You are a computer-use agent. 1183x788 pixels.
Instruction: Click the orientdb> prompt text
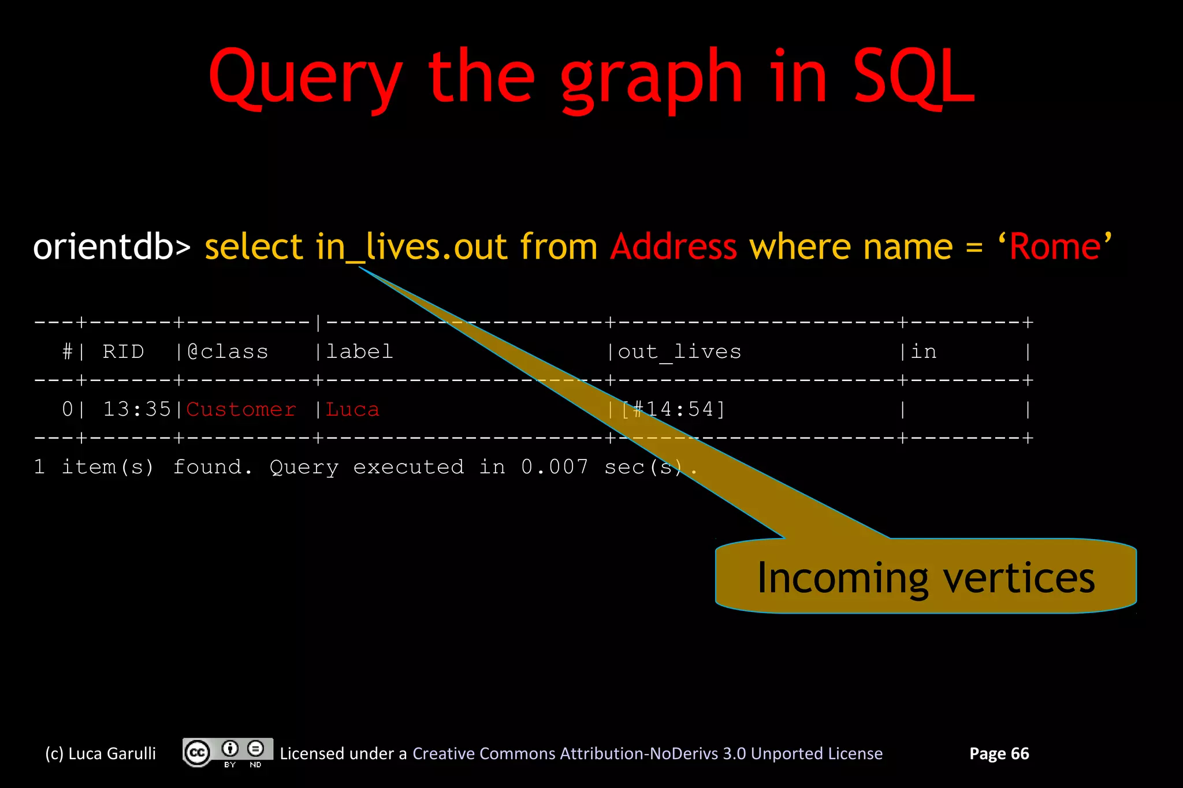(111, 247)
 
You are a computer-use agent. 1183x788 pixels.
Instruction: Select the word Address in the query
(674, 247)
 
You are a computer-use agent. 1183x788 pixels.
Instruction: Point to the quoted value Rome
(1055, 247)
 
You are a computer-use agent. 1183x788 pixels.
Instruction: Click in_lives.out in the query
(412, 247)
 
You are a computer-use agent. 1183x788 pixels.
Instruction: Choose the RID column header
(123, 352)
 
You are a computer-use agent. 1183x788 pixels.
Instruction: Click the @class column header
(228, 352)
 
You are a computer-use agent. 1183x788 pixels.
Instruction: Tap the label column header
(359, 352)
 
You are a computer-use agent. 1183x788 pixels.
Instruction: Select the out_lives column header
(679, 352)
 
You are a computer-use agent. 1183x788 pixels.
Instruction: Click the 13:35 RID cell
(137, 409)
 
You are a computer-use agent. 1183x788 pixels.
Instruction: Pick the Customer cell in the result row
(241, 409)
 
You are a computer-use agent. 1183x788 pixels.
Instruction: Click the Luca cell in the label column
(352, 409)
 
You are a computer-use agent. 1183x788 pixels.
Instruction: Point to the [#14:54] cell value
(673, 409)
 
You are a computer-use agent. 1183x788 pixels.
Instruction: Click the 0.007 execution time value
(555, 466)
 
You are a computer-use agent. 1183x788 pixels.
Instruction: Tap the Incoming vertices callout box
(925, 577)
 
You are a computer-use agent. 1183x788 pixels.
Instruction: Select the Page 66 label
(999, 753)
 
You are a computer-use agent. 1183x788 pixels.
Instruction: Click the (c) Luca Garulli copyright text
(101, 753)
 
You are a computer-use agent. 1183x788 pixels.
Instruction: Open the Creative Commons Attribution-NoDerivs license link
(647, 753)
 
